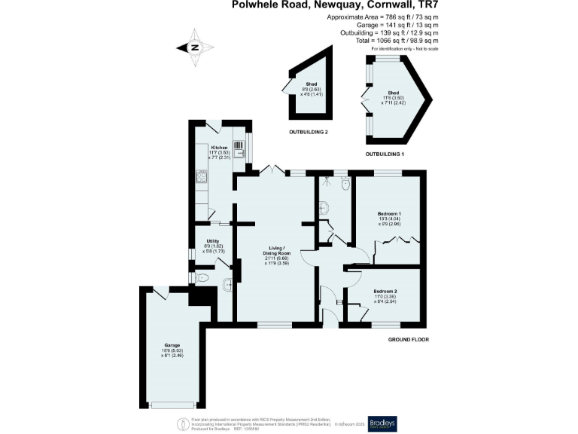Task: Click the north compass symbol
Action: pos(194,47)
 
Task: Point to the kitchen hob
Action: pos(201,178)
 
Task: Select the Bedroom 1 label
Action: pos(389,219)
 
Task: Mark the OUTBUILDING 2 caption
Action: pos(309,132)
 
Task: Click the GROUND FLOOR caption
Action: pos(409,340)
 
